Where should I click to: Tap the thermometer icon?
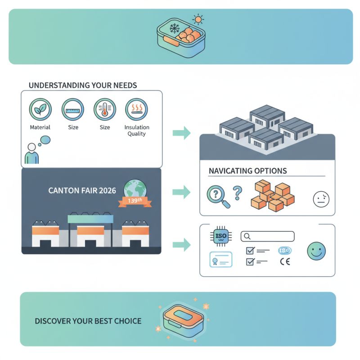104,109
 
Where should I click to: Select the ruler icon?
73,109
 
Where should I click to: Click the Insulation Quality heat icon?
136,109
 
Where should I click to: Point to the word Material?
40,127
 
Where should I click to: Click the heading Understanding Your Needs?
82,85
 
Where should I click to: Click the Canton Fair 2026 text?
81,190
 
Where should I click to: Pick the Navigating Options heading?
248,171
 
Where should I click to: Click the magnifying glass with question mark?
218,196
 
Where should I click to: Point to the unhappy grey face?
320,198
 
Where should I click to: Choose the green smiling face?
316,251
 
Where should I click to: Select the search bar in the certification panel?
267,236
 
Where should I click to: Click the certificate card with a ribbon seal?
220,260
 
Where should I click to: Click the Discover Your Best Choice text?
88,321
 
